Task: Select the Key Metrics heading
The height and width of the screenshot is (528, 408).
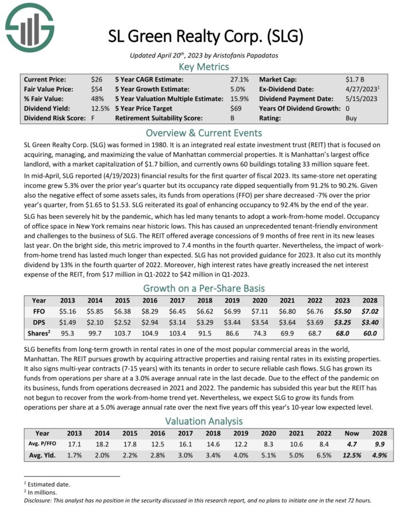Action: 203,67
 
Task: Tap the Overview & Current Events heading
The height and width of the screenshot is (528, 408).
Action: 203,132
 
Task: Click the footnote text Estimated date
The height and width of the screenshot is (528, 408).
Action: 49,484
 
